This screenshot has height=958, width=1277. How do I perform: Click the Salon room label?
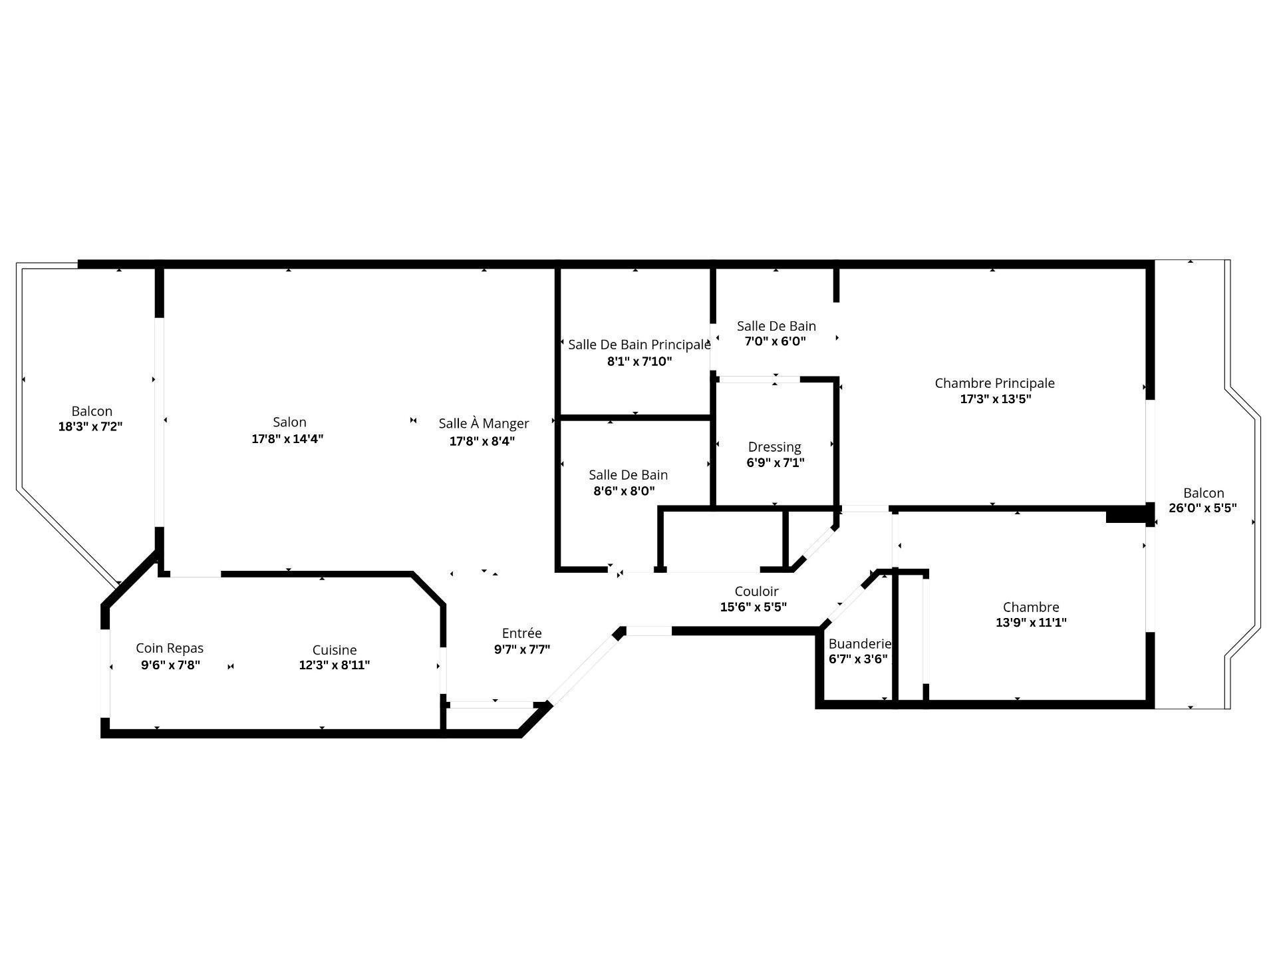[x=289, y=422]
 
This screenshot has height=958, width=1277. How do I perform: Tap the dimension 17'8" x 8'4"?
[x=482, y=440]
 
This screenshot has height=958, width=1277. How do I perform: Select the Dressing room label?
[x=774, y=446]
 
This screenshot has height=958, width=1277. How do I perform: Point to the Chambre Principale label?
[x=994, y=383]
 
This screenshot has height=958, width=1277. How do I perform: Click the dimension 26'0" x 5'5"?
[x=1203, y=508]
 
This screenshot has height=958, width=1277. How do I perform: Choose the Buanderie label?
[x=859, y=643]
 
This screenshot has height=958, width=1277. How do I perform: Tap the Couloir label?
[x=756, y=591]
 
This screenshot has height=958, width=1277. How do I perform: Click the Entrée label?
[x=521, y=633]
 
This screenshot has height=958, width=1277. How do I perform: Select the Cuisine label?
[x=335, y=649]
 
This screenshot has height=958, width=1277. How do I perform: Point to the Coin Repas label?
[x=170, y=647]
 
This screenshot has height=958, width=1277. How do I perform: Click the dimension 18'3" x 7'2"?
[x=90, y=426]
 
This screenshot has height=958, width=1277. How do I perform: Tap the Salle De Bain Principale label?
[x=638, y=344]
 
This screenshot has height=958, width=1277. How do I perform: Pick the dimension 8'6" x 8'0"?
[x=624, y=491]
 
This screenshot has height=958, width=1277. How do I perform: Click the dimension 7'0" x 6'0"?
[x=775, y=341]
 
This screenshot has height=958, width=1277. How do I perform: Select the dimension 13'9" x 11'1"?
[x=1031, y=623]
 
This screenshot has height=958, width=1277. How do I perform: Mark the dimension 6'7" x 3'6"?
[x=858, y=659]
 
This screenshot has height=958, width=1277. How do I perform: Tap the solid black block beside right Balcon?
[x=1128, y=515]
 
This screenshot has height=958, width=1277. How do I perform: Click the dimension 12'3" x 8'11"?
[x=335, y=665]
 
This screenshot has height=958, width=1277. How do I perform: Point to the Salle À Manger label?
[x=484, y=423]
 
